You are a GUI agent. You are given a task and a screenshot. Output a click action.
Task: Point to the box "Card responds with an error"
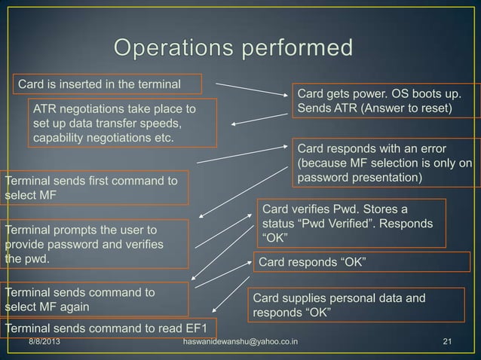coord(385,162)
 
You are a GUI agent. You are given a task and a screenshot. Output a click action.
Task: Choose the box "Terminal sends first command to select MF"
coord(93,188)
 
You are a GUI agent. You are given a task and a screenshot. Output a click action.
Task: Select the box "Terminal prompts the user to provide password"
coord(93,243)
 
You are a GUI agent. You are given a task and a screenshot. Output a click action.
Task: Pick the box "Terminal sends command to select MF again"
coord(93,299)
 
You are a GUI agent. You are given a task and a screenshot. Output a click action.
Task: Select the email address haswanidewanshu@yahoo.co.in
coord(240,343)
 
